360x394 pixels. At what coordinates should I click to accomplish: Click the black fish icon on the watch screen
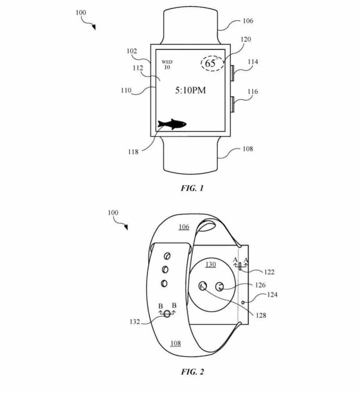(172, 124)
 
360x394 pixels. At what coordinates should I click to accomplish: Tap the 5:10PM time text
(190, 90)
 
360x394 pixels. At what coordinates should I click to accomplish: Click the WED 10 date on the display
(167, 64)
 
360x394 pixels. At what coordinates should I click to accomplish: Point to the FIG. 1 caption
(192, 188)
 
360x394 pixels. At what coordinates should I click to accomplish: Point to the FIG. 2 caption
(192, 372)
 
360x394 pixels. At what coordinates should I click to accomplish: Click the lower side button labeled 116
(232, 104)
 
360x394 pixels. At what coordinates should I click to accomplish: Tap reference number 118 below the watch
(133, 152)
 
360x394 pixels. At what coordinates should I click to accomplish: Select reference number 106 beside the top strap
(248, 21)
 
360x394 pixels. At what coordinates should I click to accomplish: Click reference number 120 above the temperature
(246, 39)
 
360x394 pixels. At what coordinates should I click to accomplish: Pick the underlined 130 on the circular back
(211, 264)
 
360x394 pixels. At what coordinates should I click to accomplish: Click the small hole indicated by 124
(244, 302)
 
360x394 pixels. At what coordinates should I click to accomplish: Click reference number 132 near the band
(135, 322)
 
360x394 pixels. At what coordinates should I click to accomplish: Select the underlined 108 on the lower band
(175, 343)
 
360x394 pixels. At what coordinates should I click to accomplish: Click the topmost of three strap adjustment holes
(167, 256)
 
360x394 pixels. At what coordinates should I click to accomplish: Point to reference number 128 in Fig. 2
(261, 315)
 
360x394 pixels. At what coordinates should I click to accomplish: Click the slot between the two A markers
(240, 266)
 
